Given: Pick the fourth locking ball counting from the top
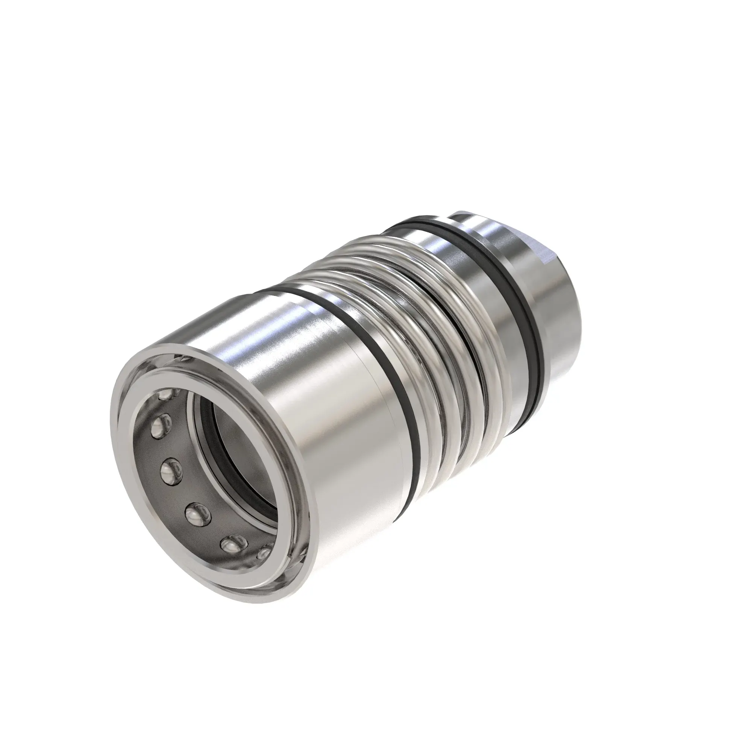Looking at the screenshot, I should pyautogui.click(x=197, y=513).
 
